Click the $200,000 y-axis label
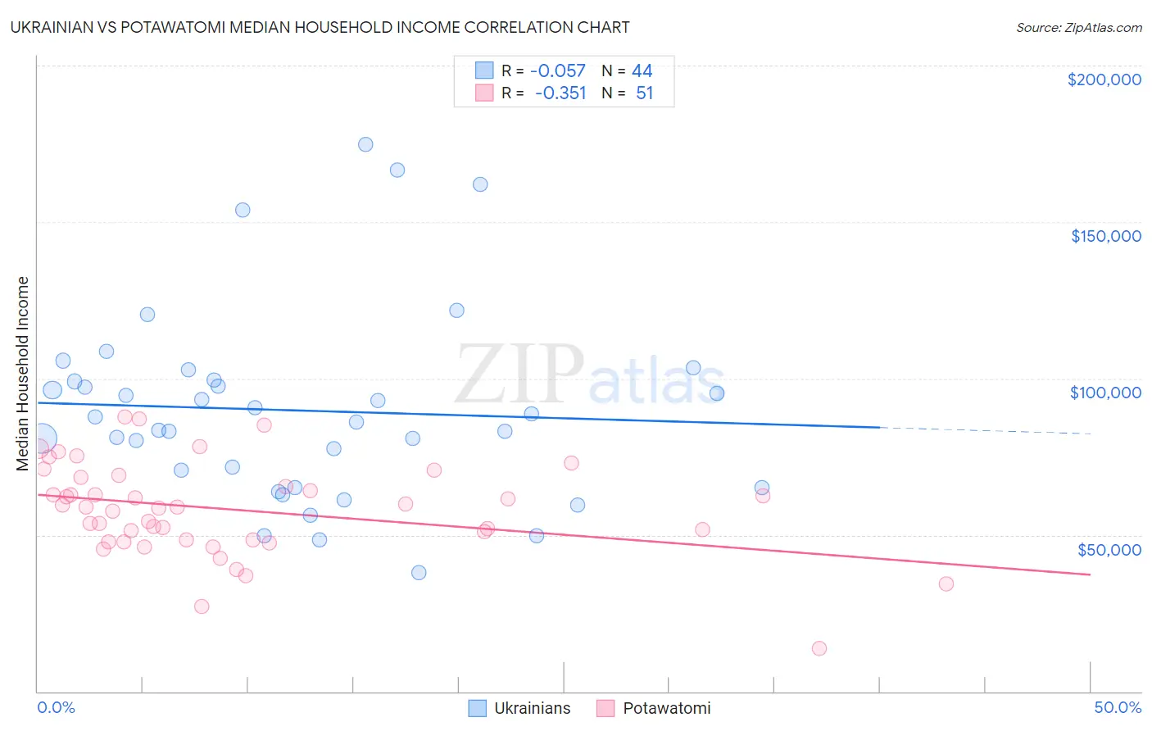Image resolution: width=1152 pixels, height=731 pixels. pyautogui.click(x=1104, y=79)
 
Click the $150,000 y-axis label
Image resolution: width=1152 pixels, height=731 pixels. pyautogui.click(x=1105, y=236)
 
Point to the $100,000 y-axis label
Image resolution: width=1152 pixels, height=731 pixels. pyautogui.click(x=1105, y=393)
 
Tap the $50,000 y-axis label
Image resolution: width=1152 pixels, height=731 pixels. pyautogui.click(x=1109, y=549)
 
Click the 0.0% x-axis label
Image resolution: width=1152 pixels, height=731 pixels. pyautogui.click(x=56, y=707)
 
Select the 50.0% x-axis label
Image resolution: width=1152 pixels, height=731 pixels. pyautogui.click(x=1117, y=707)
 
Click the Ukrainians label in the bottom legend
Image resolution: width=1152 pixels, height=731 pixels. pyautogui.click(x=532, y=708)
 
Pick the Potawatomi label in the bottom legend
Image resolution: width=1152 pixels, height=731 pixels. pyautogui.click(x=666, y=708)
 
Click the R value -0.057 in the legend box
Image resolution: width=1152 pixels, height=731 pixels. pyautogui.click(x=558, y=71)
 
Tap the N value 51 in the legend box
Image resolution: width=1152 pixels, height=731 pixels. pyautogui.click(x=644, y=93)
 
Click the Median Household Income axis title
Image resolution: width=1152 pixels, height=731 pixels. pyautogui.click(x=23, y=374)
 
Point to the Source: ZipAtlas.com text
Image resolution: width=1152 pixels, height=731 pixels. pyautogui.click(x=1078, y=28)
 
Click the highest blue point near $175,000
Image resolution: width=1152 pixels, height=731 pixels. pyautogui.click(x=365, y=144)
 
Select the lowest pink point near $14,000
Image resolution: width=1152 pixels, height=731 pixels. pyautogui.click(x=819, y=648)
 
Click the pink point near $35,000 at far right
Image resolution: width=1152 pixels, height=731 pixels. pyautogui.click(x=946, y=583)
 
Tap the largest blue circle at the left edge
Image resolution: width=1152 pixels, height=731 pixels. pyautogui.click(x=42, y=438)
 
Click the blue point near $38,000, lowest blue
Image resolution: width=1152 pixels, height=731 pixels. pyautogui.click(x=419, y=572)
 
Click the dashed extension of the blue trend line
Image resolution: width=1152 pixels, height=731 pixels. pyautogui.click(x=983, y=430)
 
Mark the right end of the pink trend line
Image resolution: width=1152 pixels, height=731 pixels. pyautogui.click(x=1090, y=574)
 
